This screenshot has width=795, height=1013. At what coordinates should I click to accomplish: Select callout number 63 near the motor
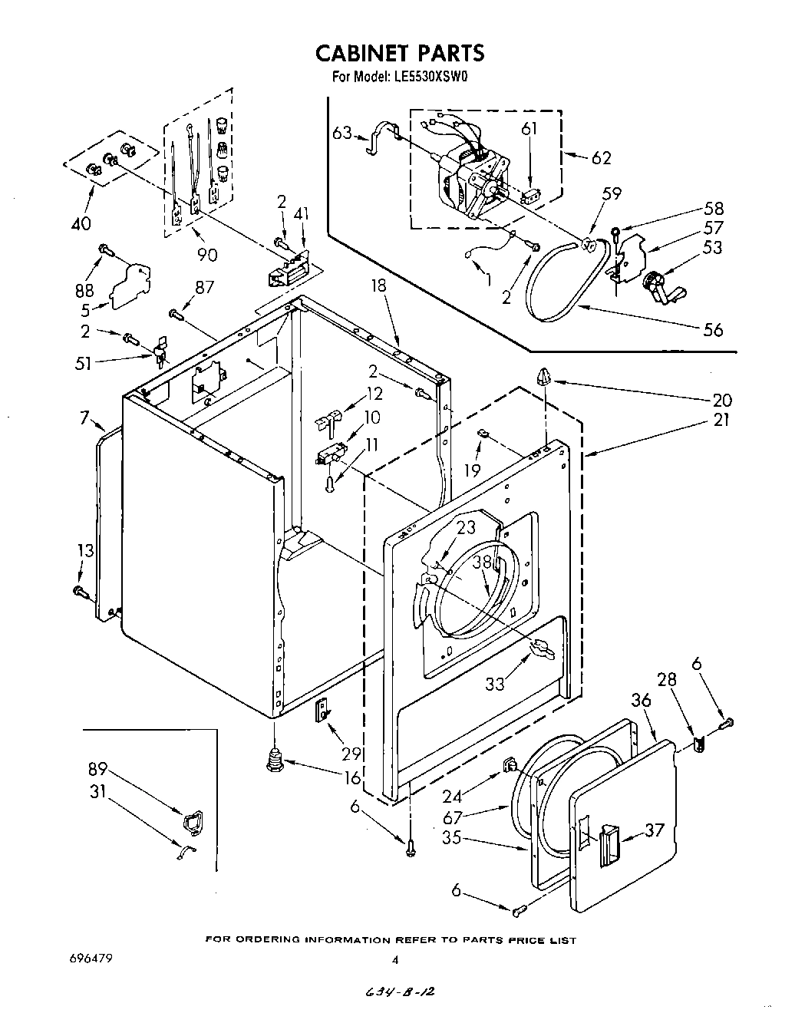pos(342,133)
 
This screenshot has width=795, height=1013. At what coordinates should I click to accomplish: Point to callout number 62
pos(601,158)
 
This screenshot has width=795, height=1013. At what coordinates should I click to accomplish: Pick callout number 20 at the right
pos(721,400)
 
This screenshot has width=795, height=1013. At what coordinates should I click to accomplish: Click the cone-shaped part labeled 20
pos(544,377)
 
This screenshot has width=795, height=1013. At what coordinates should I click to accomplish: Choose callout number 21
pos(721,420)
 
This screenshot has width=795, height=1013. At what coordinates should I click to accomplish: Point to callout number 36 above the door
pos(641,701)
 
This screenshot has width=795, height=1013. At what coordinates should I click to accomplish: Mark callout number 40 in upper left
pos(80,223)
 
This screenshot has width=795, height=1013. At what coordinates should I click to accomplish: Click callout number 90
pos(207,254)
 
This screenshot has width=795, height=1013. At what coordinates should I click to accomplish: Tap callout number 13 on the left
pos(87,550)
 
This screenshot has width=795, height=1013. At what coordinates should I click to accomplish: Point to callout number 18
pos(379,287)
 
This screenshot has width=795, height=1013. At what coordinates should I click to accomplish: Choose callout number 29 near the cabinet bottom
pos(352,754)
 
